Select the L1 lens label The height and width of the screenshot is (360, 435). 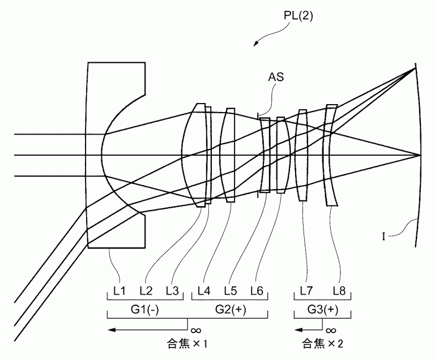pyautogui.click(x=119, y=291)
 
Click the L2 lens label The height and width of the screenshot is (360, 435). pyautogui.click(x=146, y=291)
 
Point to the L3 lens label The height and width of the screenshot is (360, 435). pyautogui.click(x=172, y=291)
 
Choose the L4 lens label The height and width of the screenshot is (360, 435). pyautogui.click(x=204, y=291)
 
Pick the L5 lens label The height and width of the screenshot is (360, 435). pyautogui.click(x=230, y=291)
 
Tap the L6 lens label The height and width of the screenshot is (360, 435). pyautogui.click(x=256, y=291)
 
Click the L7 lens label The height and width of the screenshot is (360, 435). pyautogui.click(x=306, y=291)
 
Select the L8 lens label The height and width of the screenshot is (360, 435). pyautogui.click(x=339, y=291)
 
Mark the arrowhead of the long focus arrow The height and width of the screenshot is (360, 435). pyautogui.click(x=112, y=328)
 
